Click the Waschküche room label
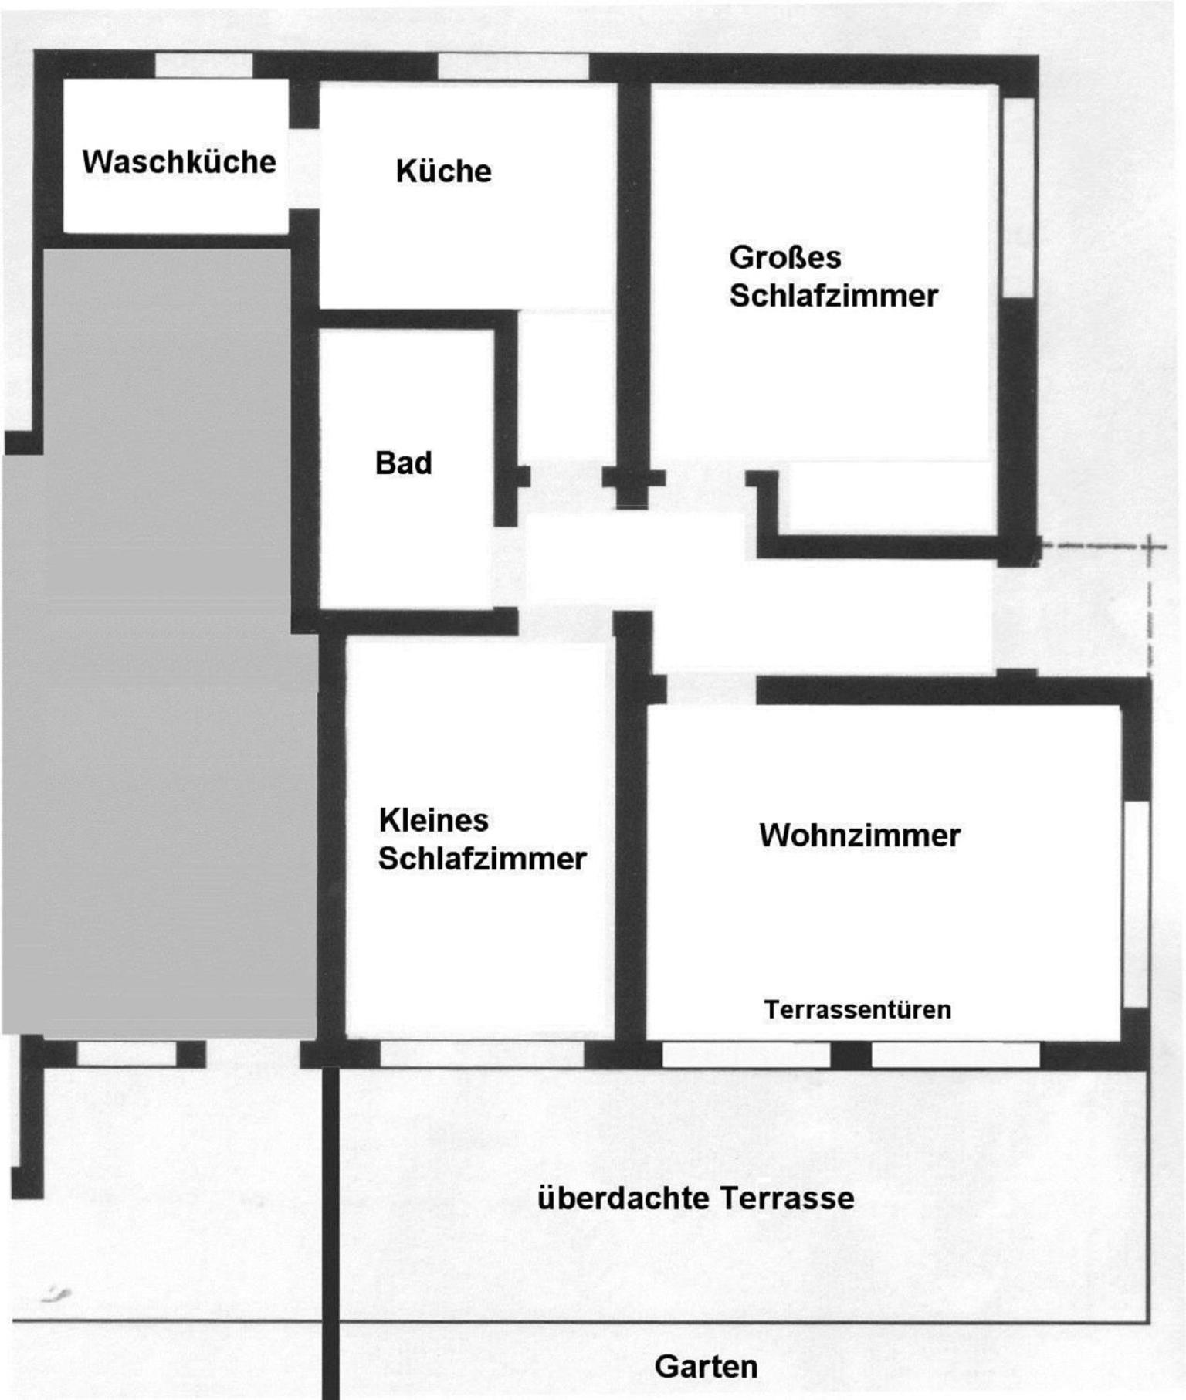point(179,161)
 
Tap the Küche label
point(443,171)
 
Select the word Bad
point(403,463)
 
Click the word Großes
point(785,257)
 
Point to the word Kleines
point(433,820)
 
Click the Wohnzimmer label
point(859,836)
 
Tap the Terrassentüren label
point(857,1010)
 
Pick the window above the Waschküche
point(204,66)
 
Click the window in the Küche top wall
point(513,66)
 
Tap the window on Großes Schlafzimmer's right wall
point(1018,197)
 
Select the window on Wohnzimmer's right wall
point(1136,904)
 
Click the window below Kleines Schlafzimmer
point(483,1054)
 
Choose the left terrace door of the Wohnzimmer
point(746,1055)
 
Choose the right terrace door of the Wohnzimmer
point(956,1055)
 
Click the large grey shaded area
point(158,641)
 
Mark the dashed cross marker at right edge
point(1150,547)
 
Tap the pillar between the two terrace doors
point(851,1055)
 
